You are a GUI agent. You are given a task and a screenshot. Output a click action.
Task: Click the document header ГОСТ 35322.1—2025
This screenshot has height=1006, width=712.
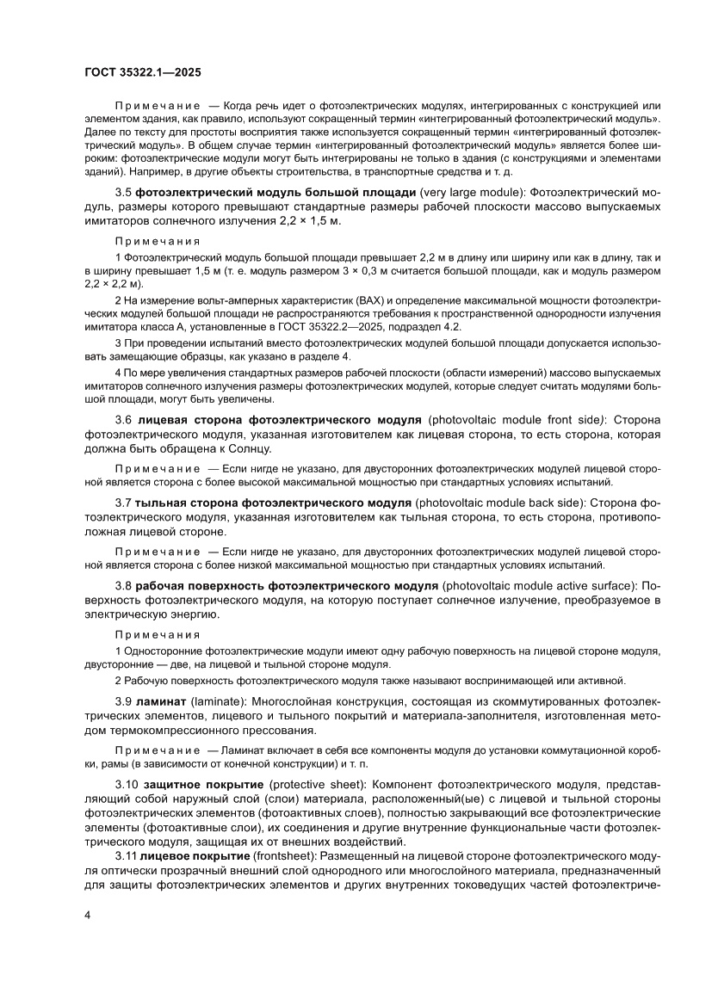pos(143,73)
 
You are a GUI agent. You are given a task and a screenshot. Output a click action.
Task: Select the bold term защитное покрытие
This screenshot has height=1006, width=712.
pos(201,787)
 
